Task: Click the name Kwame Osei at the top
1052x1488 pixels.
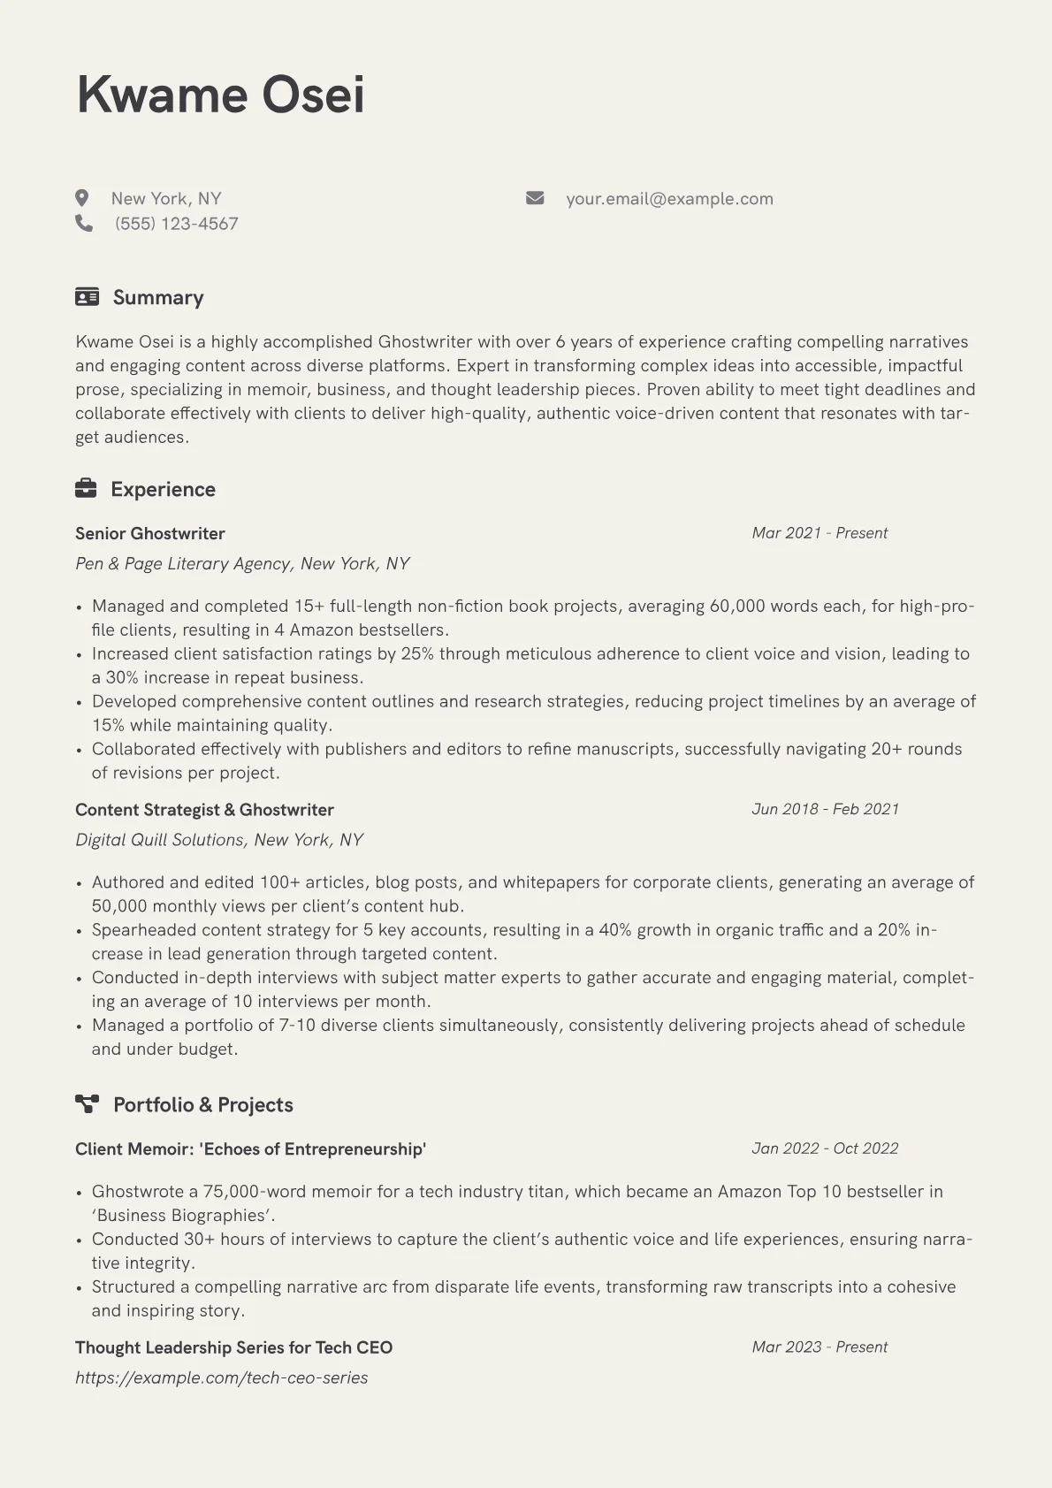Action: (x=220, y=95)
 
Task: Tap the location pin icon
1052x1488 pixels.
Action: (x=82, y=198)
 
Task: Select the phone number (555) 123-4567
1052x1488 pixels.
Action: (x=176, y=224)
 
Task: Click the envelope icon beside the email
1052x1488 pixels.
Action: (x=535, y=198)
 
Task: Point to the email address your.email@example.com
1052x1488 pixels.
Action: (x=669, y=199)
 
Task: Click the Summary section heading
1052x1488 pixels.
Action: (x=158, y=297)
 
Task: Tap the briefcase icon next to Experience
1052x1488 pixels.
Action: (x=86, y=488)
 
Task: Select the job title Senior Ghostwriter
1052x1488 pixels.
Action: (x=150, y=533)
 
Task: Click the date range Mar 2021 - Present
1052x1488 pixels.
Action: (x=819, y=533)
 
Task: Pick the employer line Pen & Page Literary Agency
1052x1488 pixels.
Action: (x=242, y=563)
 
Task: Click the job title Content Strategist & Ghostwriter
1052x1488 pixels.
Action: (x=204, y=809)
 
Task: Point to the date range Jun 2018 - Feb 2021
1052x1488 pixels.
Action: (x=825, y=809)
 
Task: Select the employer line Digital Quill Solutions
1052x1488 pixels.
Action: (x=219, y=839)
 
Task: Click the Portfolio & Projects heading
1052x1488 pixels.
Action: (x=202, y=1104)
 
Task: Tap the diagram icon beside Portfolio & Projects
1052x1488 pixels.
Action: (x=87, y=1103)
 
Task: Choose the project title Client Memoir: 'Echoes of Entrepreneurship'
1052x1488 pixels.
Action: (x=250, y=1148)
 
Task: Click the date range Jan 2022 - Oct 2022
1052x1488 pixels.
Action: (x=825, y=1148)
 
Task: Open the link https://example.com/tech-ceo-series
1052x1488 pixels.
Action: (x=221, y=1377)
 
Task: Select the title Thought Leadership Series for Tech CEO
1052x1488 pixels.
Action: (x=233, y=1347)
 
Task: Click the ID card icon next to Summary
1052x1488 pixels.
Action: (x=87, y=297)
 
